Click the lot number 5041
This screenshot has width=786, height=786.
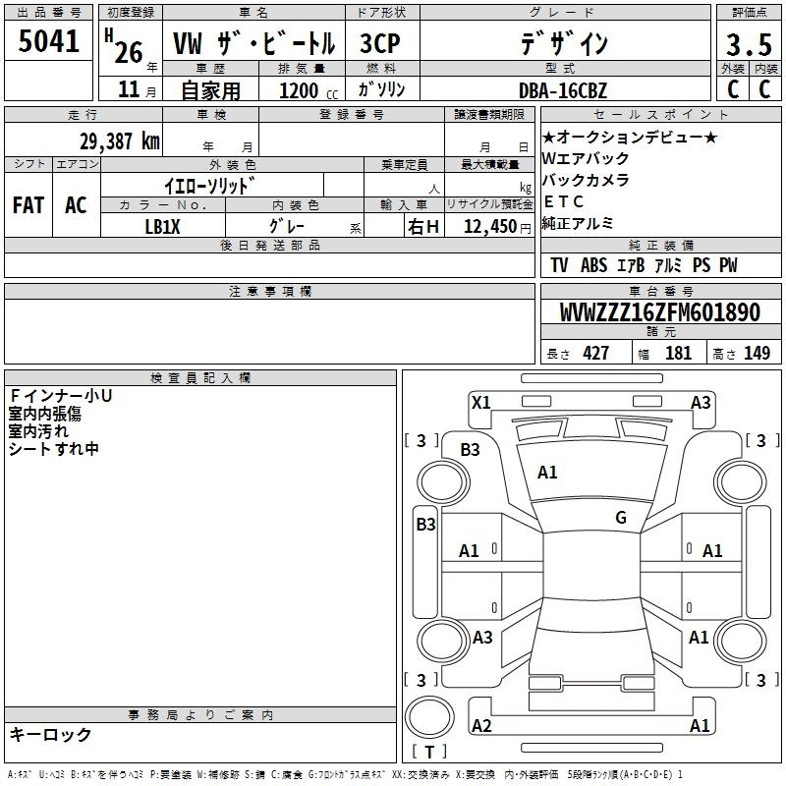point(48,41)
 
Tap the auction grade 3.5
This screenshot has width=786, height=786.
point(749,44)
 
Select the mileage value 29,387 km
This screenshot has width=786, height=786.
point(119,141)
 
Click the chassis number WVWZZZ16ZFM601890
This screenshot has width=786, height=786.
point(659,312)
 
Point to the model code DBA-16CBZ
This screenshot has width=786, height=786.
point(563,90)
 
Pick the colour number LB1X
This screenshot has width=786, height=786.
point(162,227)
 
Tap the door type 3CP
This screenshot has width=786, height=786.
point(380,43)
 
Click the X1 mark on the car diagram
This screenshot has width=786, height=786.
point(480,402)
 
